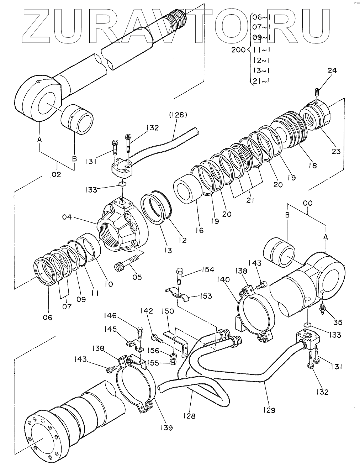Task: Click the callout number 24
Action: coord(332,70)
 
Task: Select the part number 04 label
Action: coord(67,217)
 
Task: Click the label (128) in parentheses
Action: coord(178,115)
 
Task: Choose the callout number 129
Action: coord(269,410)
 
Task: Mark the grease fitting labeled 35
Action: coord(322,309)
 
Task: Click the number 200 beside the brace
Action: coord(238,50)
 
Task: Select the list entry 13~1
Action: coord(261,70)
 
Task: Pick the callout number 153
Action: coord(206,296)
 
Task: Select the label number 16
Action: coord(200,230)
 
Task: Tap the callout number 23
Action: coord(336,152)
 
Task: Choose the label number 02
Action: coord(56,174)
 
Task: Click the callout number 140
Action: coord(223,279)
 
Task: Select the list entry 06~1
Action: coord(261,17)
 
